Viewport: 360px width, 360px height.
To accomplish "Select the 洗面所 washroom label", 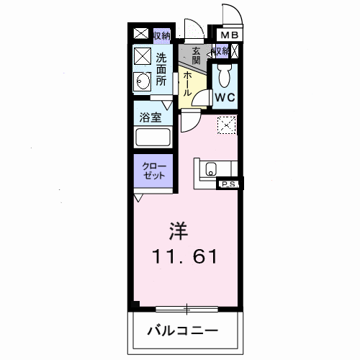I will (x=161, y=70).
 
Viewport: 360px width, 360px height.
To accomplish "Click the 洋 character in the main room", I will (x=179, y=230).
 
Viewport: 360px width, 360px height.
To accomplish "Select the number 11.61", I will (x=183, y=256).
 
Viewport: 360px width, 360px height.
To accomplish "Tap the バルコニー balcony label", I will (x=184, y=331).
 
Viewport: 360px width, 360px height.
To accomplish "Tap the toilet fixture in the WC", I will (x=224, y=73).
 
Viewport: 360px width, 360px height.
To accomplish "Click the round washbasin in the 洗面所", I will (x=141, y=81).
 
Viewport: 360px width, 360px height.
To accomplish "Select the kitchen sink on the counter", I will (x=210, y=170).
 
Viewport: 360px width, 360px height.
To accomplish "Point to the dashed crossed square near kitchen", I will (x=227, y=125).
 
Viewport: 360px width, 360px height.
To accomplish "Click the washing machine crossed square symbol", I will (x=141, y=55).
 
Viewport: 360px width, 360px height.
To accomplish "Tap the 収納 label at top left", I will (x=159, y=34).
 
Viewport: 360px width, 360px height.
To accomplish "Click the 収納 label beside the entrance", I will (x=220, y=51).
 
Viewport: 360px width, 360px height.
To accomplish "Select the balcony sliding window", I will (x=185, y=309).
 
